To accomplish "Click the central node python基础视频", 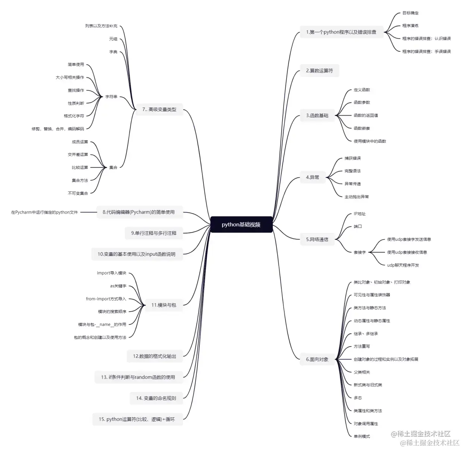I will (241, 224).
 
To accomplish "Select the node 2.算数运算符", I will (319, 70).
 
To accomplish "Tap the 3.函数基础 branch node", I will (317, 116).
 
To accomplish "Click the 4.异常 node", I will (312, 177).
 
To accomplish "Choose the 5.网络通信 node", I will (317, 240).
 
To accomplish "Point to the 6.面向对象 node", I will (317, 360).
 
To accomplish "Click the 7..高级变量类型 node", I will (159, 110).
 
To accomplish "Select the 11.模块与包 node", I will (164, 305).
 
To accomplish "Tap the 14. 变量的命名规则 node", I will (156, 398).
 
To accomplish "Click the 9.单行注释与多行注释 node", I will (154, 233).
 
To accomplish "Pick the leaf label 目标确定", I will (410, 13).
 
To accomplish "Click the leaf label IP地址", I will (360, 214).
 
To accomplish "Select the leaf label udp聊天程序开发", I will (403, 265).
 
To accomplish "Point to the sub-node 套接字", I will (360, 252).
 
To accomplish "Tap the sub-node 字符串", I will (111, 97).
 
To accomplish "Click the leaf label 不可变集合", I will (78, 193).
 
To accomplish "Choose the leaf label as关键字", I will (118, 286).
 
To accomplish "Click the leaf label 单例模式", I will (361, 436).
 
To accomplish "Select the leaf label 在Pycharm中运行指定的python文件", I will (44, 212).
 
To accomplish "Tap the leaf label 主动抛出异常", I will (357, 197).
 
